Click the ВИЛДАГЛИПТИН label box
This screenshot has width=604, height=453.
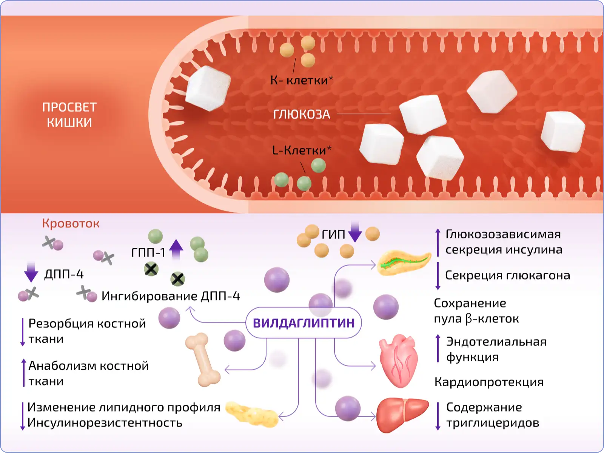click(304, 323)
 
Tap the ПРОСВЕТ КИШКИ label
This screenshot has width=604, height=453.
click(69, 115)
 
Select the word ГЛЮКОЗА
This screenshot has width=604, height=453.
click(301, 114)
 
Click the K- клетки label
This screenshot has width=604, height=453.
click(301, 80)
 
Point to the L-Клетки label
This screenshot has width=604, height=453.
click(301, 150)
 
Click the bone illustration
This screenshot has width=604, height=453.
click(203, 359)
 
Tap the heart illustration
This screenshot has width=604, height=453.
click(398, 361)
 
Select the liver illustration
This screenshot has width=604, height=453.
click(402, 415)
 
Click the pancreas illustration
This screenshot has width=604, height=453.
click(404, 262)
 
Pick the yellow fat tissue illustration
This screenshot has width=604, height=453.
click(251, 414)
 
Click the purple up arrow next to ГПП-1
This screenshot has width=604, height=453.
click(176, 249)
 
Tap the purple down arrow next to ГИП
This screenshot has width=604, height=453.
click(355, 232)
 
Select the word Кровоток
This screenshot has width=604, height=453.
click(71, 223)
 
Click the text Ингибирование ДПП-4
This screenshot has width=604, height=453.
click(171, 296)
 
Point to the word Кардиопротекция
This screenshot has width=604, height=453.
click(489, 382)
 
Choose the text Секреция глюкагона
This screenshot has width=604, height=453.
click(507, 275)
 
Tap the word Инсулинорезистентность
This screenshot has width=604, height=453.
click(105, 423)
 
